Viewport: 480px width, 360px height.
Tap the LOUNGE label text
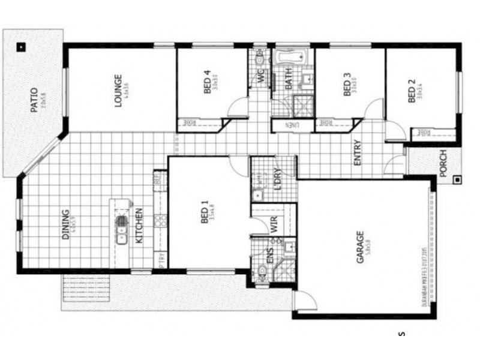coord(118,90)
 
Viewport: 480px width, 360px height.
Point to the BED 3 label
coord(346,85)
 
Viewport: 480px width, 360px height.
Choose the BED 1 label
coord(203,214)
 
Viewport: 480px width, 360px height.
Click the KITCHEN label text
coord(139,225)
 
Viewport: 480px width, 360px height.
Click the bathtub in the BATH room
coord(290,58)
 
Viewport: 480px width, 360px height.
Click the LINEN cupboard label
coord(292,125)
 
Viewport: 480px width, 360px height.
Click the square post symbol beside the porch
coord(457,179)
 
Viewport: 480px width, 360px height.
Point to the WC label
coord(261,76)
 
